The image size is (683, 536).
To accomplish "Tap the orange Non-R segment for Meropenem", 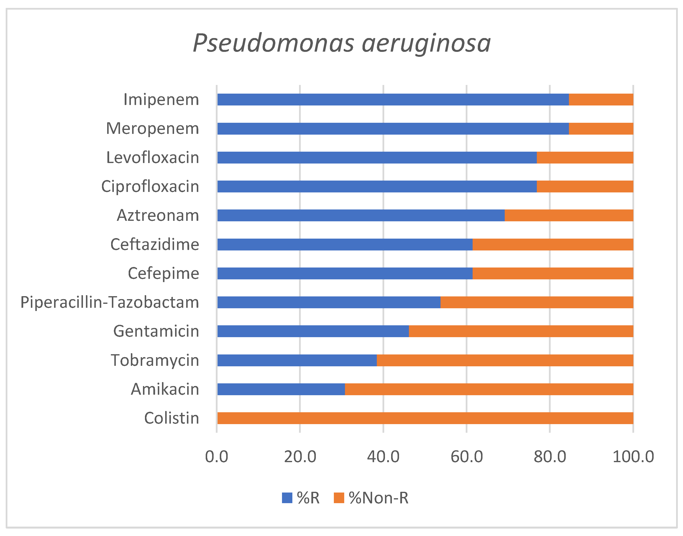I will pos(601,129).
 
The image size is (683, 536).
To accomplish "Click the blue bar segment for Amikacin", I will pos(281,389).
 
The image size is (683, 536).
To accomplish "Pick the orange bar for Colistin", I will pos(425,418).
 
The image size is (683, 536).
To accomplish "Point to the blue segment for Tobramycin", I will pos(297,360).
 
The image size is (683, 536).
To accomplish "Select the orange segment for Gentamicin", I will pos(521,331).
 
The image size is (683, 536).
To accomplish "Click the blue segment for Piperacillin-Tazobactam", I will pos(328,302).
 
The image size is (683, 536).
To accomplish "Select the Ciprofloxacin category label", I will pos(150,186).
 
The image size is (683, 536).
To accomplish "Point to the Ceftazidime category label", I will pos(155,245).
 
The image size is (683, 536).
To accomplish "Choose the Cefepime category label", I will pos(163,273).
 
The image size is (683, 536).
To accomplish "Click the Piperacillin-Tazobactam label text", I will pos(109,302).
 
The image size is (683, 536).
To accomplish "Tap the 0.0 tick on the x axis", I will pos(217,457).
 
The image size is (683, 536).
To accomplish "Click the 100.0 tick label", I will pos(633,457).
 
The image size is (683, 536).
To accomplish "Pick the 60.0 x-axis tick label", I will pos(466,457).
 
